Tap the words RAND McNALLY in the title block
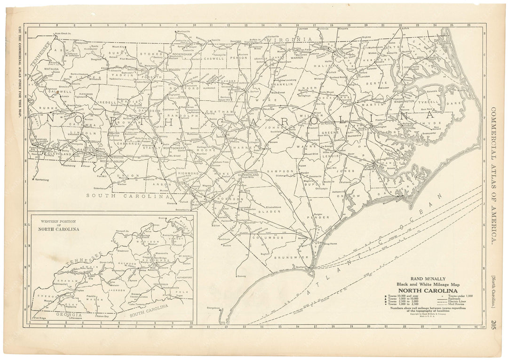[x=425, y=278]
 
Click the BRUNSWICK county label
[x=287, y=258]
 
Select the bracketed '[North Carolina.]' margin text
[x=492, y=293]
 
